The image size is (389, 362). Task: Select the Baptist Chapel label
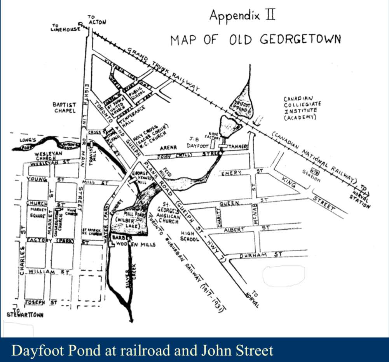click(65, 108)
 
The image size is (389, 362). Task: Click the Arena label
click(168, 147)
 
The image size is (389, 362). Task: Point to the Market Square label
click(38, 213)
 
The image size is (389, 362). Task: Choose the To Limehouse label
click(65, 28)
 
